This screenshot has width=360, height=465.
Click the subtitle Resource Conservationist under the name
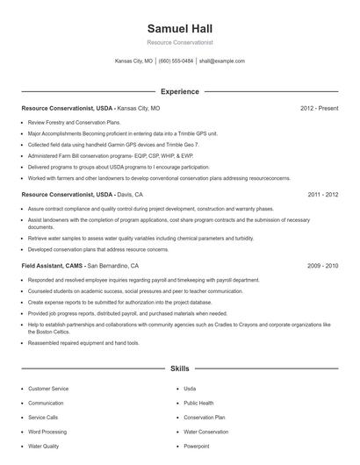179,42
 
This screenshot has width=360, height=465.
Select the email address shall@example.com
221,61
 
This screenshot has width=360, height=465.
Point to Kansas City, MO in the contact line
134,61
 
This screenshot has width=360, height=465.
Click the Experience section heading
179,91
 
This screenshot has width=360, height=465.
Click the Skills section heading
179,369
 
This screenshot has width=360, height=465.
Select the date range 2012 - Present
319,108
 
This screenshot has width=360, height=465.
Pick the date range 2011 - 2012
322,195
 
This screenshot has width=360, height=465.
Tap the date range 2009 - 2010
322,264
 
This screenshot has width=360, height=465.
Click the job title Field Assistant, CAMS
52,264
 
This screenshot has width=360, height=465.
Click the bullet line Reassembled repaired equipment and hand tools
83,343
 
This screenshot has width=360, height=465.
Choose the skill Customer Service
48,388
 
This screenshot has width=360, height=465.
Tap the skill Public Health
198,403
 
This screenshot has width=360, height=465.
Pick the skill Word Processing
47,432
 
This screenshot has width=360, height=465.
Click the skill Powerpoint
197,447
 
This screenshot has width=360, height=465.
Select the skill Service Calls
43,418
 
